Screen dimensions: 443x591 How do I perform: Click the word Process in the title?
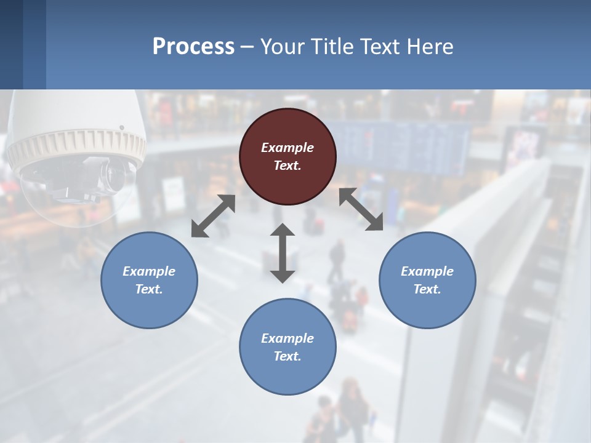click(193, 47)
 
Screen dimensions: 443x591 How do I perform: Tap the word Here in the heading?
click(430, 47)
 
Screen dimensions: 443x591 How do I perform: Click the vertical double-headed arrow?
click(283, 253)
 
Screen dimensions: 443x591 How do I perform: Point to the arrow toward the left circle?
click(213, 216)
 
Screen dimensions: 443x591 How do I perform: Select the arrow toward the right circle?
click(361, 209)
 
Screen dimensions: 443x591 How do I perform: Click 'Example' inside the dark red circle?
click(287, 148)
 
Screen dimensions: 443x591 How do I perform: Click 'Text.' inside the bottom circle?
click(287, 356)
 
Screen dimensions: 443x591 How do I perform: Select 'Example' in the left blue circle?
click(149, 271)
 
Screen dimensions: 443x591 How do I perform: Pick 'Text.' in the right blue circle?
click(427, 289)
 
